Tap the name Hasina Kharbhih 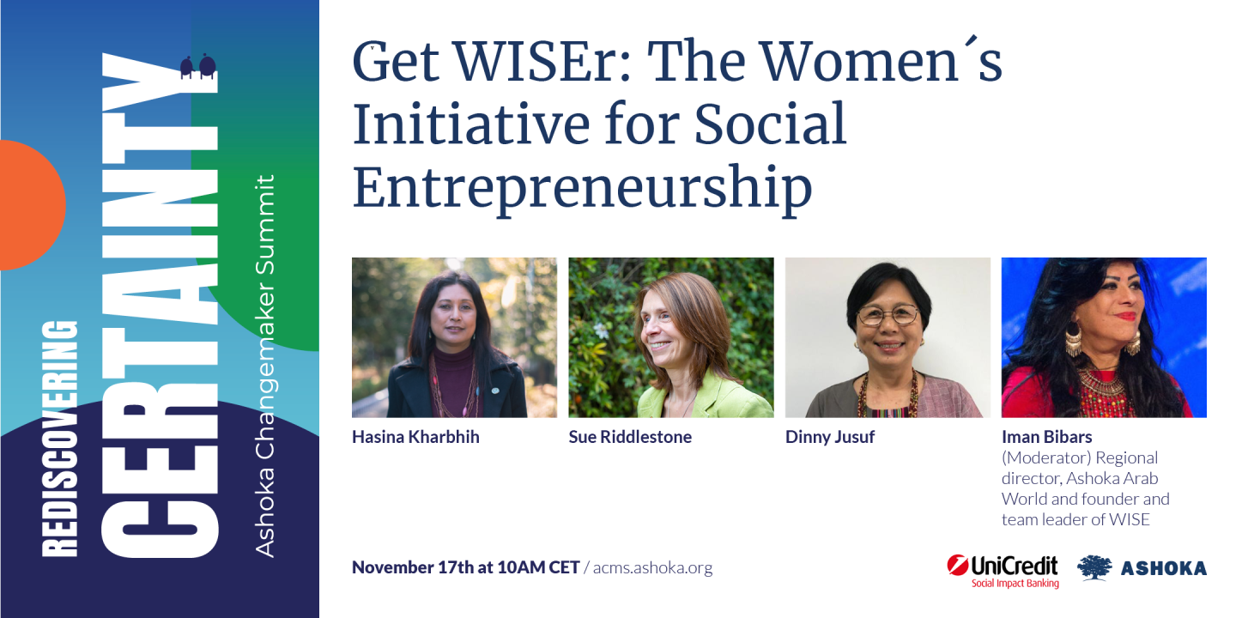(415, 437)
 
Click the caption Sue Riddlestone (630, 437)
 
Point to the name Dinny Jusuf (830, 437)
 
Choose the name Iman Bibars (1046, 437)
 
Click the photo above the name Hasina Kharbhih (454, 337)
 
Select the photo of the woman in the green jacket (670, 337)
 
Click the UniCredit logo (1003, 566)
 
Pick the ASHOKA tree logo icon (1094, 567)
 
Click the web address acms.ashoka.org (653, 567)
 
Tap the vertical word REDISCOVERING (60, 439)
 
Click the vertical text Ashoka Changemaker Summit (266, 365)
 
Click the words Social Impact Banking (1015, 584)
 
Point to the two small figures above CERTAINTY (197, 67)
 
